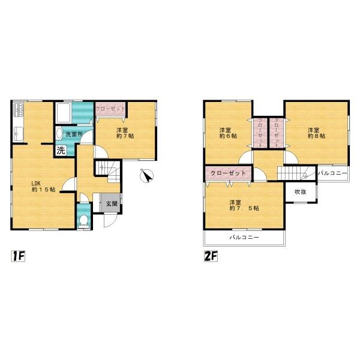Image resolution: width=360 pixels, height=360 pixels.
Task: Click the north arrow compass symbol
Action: point(147,176)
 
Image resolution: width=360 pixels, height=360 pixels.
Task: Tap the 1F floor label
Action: point(18,256)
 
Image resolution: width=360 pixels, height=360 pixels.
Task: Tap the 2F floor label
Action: point(211,256)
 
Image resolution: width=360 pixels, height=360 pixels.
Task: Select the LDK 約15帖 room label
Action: point(43,187)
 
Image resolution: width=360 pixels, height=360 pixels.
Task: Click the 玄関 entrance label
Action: point(112,203)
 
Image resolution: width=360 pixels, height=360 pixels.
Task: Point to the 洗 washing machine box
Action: point(61,151)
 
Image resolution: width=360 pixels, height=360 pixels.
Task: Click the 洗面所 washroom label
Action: point(74,134)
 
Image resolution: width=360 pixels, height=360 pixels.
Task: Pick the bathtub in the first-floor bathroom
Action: point(64,113)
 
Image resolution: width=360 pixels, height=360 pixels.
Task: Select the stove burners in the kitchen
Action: point(19,110)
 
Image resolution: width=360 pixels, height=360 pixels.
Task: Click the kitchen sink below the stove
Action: point(18,134)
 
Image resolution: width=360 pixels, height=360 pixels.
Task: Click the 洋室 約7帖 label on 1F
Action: point(125,133)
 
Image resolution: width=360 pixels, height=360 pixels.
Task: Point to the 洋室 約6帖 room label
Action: point(228,133)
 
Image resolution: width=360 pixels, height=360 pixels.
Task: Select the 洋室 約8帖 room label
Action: point(317,133)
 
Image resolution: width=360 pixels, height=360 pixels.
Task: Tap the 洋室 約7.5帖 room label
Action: point(244,205)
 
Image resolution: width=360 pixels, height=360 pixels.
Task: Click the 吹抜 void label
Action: point(301,192)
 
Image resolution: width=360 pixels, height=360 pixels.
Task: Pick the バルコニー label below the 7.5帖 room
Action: point(244,237)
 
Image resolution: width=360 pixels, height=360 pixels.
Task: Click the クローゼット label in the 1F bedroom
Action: point(110,109)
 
